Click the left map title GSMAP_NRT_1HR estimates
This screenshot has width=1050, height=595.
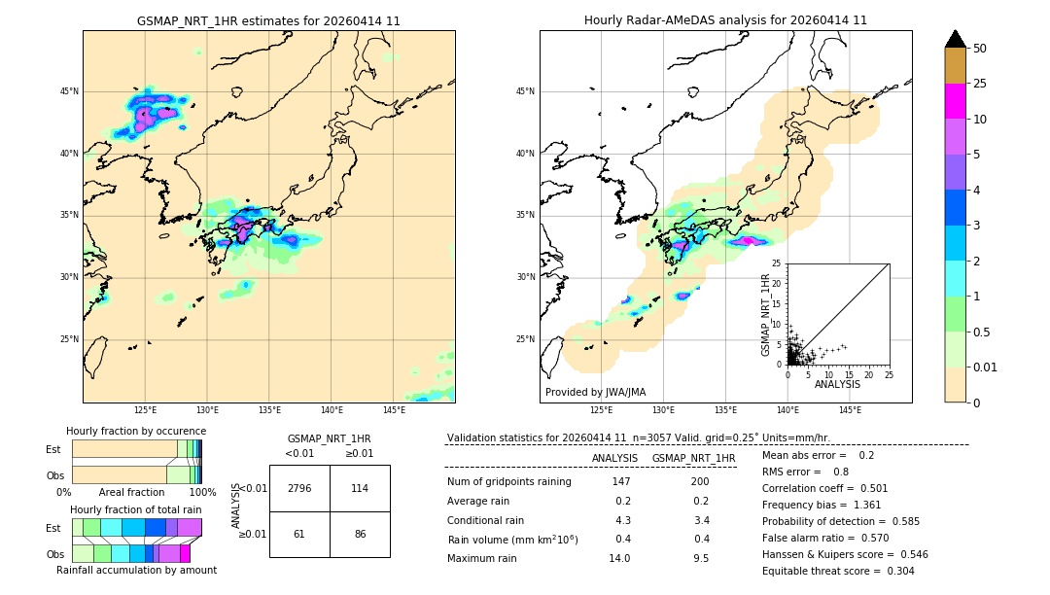pyautogui.click(x=268, y=20)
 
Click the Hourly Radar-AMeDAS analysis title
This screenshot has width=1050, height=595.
pyautogui.click(x=725, y=20)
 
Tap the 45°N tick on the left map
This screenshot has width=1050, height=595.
pyautogui.click(x=69, y=91)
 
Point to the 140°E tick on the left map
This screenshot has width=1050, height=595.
pyautogui.click(x=332, y=410)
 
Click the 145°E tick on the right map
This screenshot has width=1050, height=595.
pyautogui.click(x=850, y=410)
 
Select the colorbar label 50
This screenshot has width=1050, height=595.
pyautogui.click(x=981, y=49)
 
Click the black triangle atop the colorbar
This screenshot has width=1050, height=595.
pyautogui.click(x=956, y=39)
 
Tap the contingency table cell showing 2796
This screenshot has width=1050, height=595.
pyautogui.click(x=299, y=488)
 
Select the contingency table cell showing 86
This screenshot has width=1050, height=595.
pyautogui.click(x=360, y=535)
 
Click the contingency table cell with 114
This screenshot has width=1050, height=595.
pyautogui.click(x=360, y=488)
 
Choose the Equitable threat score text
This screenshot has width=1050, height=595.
pyautogui.click(x=838, y=571)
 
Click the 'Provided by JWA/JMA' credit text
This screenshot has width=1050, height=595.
pyautogui.click(x=595, y=393)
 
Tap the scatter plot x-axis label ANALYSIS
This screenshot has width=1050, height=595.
pyautogui.click(x=837, y=384)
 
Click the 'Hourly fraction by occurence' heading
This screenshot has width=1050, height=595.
pyautogui.click(x=136, y=431)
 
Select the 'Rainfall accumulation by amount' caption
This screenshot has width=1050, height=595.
pyautogui.click(x=136, y=570)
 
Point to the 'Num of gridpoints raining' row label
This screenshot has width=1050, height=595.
pyautogui.click(x=508, y=482)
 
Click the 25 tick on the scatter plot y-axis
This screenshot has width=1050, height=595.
pyautogui.click(x=776, y=263)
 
